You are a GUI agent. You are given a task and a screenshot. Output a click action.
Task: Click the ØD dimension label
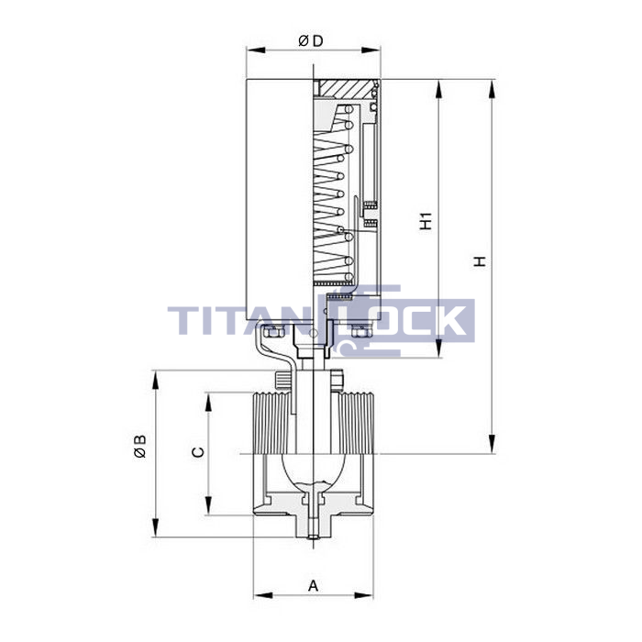(x=311, y=41)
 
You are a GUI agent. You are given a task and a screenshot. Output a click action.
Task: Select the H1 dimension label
(x=426, y=221)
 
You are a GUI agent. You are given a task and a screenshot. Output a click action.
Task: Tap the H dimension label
(x=480, y=261)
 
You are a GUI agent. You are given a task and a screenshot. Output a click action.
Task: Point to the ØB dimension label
(x=140, y=446)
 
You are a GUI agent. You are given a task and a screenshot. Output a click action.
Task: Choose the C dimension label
(x=198, y=452)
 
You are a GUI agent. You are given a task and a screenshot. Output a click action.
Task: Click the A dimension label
(x=314, y=586)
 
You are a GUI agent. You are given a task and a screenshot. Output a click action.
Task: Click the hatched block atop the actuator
(x=345, y=88)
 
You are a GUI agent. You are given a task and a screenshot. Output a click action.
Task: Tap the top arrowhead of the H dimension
(x=493, y=88)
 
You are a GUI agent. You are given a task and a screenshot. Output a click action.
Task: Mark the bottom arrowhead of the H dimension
(x=493, y=444)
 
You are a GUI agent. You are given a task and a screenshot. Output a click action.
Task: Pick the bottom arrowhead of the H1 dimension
(x=439, y=349)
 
